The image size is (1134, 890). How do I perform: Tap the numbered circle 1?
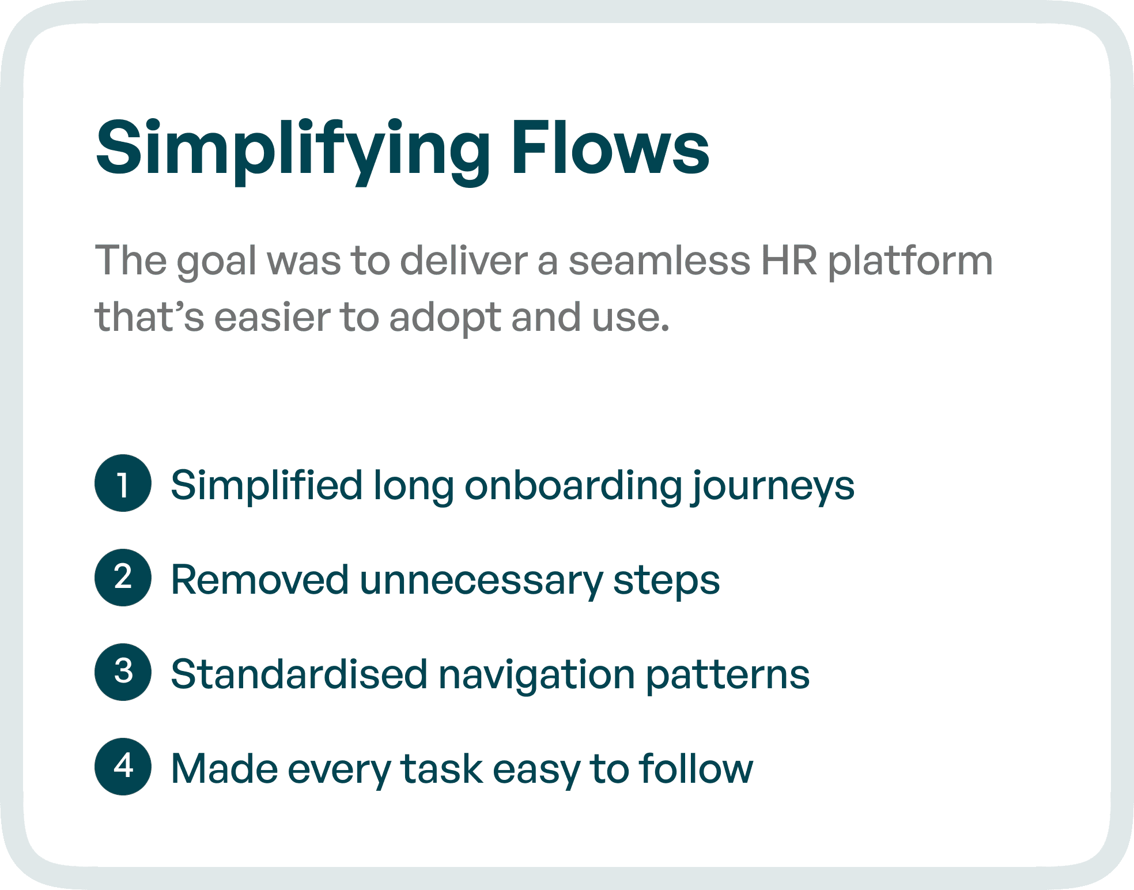[x=123, y=483]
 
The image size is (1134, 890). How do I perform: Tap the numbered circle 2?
[x=123, y=578]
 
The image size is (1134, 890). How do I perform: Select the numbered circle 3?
[x=123, y=672]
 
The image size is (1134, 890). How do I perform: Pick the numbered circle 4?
[x=123, y=767]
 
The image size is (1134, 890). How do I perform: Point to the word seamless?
[x=659, y=261]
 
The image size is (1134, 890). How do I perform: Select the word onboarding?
[x=573, y=485]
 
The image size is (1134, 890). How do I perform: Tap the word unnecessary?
[x=481, y=580]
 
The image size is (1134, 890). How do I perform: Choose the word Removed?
[x=260, y=579]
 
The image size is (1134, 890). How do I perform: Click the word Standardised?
[x=299, y=674]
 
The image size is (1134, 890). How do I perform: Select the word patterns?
[x=727, y=675]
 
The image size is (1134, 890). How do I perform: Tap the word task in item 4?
[x=441, y=769]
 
